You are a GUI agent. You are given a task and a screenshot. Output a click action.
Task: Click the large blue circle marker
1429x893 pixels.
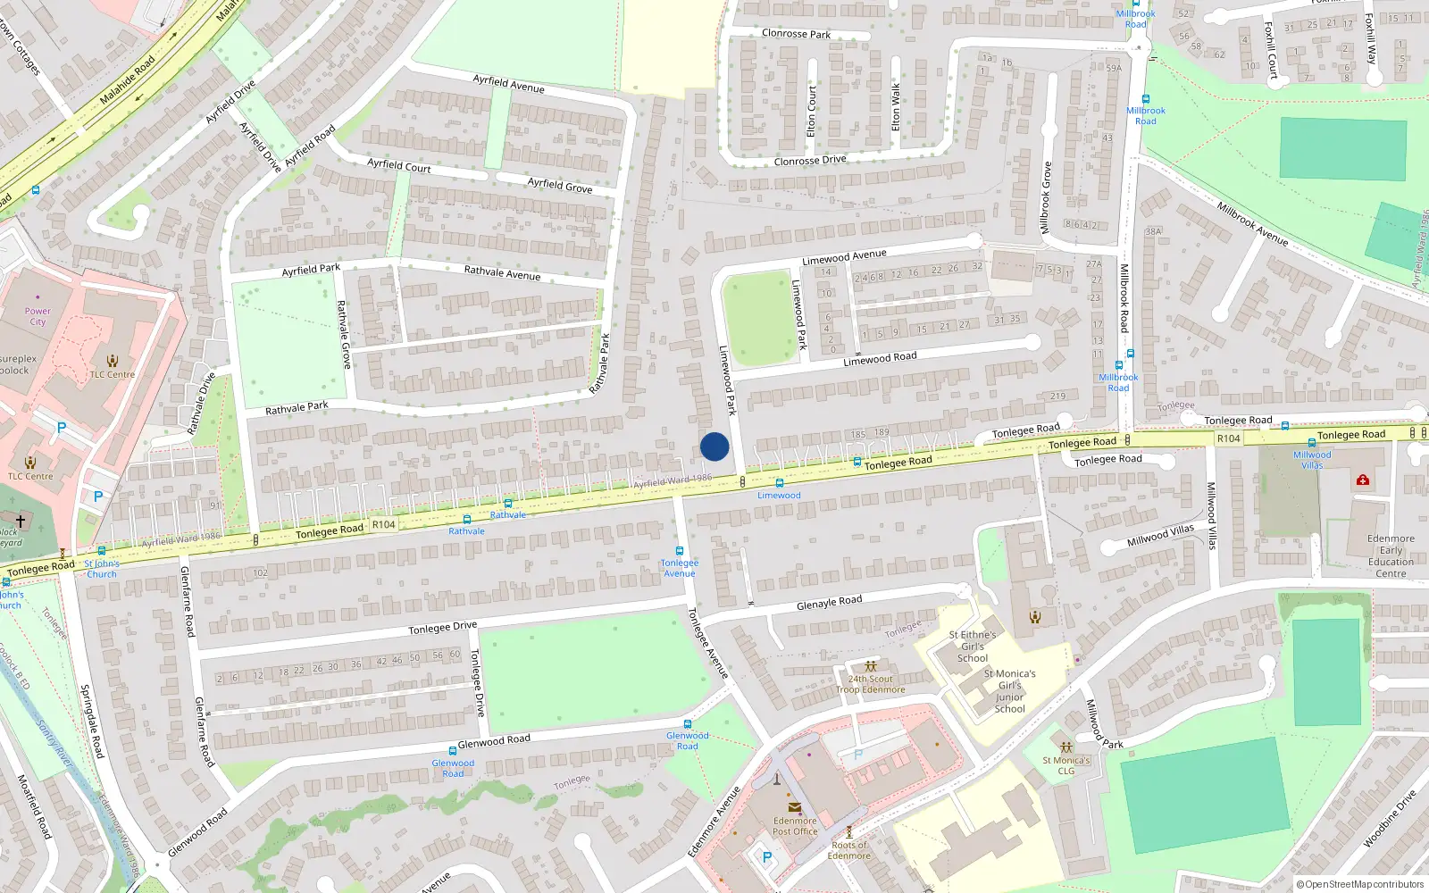[x=714, y=446]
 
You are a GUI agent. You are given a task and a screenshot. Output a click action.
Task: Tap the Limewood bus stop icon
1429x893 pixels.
[x=780, y=483]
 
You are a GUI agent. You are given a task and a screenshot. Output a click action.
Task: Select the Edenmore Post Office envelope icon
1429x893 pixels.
[x=794, y=807]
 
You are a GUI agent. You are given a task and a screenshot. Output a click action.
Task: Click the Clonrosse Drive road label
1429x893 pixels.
[x=810, y=161]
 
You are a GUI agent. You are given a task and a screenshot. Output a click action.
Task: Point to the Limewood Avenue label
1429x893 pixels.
[x=844, y=257]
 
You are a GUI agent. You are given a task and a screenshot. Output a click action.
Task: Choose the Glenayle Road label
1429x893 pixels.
[x=829, y=603]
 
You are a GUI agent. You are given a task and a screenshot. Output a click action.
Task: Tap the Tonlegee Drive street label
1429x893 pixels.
[x=442, y=628]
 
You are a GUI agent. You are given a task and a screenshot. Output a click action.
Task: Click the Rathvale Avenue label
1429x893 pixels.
[x=502, y=272]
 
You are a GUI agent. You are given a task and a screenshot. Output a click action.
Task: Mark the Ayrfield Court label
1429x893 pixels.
[x=399, y=165]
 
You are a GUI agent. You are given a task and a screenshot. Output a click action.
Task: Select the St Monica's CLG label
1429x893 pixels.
[x=1066, y=765]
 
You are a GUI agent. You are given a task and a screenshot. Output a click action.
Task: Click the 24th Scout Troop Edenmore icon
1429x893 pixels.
[x=871, y=666]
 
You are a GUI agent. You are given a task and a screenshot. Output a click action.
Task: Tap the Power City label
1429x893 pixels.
[x=38, y=316]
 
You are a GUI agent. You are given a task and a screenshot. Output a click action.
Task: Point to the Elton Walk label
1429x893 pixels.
[x=897, y=106]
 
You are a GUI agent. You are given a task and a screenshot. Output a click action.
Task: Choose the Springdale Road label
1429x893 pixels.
[x=92, y=722]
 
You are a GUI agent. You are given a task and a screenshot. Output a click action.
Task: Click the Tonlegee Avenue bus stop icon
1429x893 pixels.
[x=680, y=551]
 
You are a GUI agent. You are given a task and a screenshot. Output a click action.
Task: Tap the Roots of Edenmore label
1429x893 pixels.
[x=849, y=850]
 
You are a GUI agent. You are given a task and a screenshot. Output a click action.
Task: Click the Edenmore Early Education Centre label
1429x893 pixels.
[x=1391, y=556]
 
